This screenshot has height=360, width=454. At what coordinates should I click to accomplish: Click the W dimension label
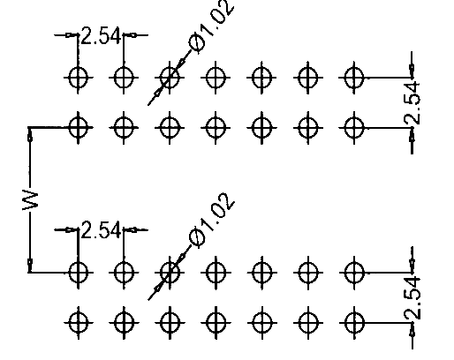[x=30, y=200]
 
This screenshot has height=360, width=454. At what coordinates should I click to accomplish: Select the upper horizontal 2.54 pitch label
[x=101, y=36]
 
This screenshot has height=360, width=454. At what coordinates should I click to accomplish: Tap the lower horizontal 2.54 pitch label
[x=101, y=230]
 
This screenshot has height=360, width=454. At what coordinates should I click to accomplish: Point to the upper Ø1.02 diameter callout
[x=211, y=27]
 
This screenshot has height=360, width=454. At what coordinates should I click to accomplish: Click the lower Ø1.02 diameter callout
[x=211, y=221]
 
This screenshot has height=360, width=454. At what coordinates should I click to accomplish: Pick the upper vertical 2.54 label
[x=412, y=103]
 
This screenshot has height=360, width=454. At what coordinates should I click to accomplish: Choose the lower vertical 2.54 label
[x=412, y=298]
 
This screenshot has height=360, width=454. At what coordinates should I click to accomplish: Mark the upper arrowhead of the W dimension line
[x=30, y=135]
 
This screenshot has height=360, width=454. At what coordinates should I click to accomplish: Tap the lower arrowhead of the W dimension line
[x=30, y=266]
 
